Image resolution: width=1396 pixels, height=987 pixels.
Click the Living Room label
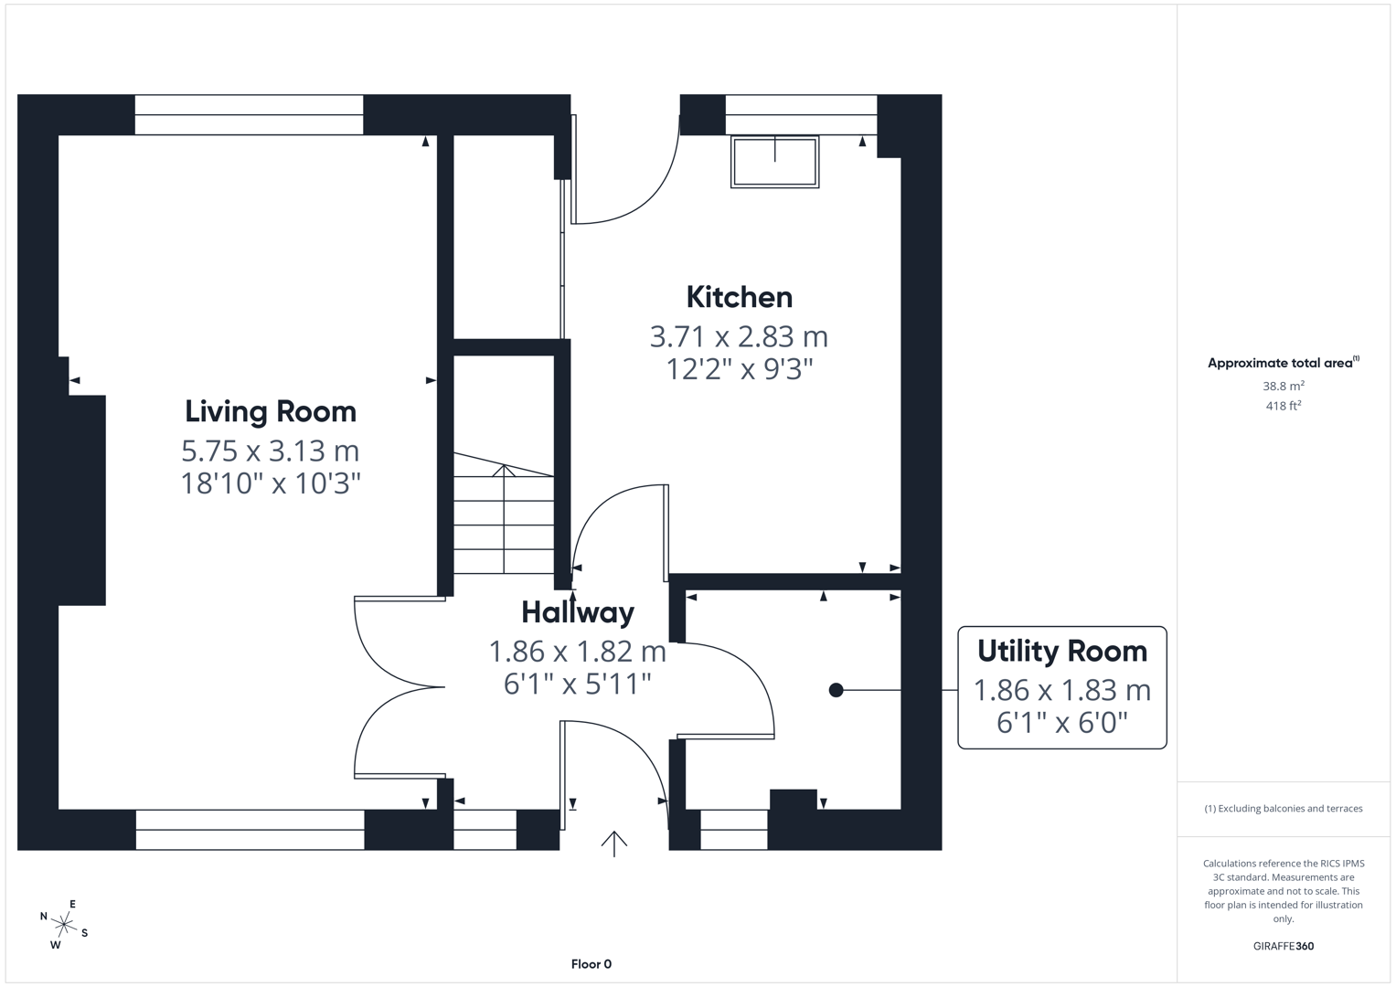pos(271,411)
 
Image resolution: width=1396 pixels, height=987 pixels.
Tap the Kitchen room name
pos(739,297)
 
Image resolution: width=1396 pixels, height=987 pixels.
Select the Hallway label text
pos(577,611)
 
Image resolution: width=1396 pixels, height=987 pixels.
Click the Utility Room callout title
pos(1061,651)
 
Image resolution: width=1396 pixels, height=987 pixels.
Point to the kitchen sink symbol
pos(774,162)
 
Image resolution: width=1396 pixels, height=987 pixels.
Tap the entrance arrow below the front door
pos(613,843)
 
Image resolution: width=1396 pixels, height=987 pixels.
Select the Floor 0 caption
pos(591,964)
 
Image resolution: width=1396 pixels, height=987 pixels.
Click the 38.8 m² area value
pos(1283,386)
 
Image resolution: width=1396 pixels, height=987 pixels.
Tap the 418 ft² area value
pos(1283,406)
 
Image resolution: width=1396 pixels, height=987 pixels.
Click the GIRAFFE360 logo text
pos(1283,946)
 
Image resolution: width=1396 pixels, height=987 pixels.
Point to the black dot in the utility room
pos(836,690)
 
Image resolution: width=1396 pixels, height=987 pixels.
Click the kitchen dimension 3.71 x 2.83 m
pos(739,336)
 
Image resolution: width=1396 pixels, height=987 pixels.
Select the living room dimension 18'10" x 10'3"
pos(271,483)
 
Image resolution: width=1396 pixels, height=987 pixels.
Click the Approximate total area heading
pos(1283,363)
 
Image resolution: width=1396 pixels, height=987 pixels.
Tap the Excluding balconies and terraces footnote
pos(1283,808)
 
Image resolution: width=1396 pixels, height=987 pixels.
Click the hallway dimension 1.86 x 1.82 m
pos(577,651)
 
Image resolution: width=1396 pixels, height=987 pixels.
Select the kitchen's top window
pos(801,115)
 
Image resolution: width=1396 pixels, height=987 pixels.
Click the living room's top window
pos(249,115)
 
